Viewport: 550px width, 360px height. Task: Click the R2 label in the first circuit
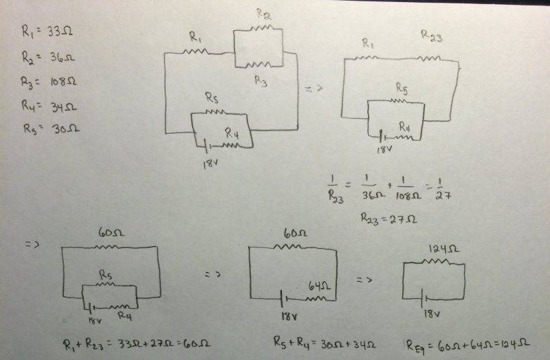263,15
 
